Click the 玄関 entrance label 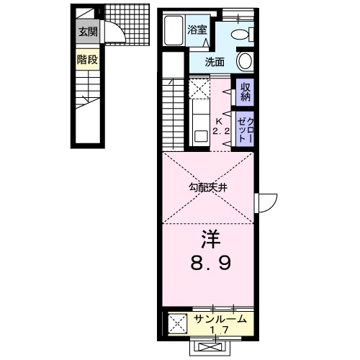coord(89,32)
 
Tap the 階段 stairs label coord(88,59)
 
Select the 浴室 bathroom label coord(197,30)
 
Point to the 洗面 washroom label coord(215,62)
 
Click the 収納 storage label coord(246,92)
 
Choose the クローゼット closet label coord(246,130)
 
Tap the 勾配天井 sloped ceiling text coord(208,187)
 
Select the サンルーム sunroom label coord(220,319)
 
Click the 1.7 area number coord(219,330)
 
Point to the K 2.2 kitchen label coord(221,126)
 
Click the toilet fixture coord(243,34)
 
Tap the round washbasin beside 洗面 coord(245,61)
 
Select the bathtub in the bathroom coord(174,30)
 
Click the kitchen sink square coord(201,136)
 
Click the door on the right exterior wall coord(266,203)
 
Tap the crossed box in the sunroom coord(177,323)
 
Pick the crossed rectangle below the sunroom coord(210,347)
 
